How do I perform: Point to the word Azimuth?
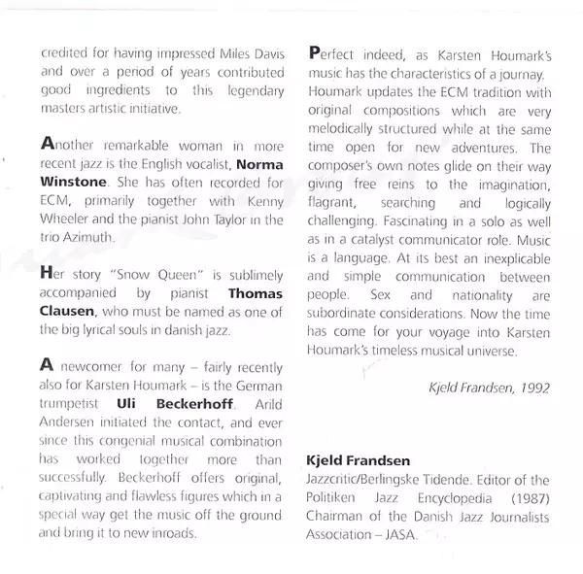96,236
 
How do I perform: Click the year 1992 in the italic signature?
533,387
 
